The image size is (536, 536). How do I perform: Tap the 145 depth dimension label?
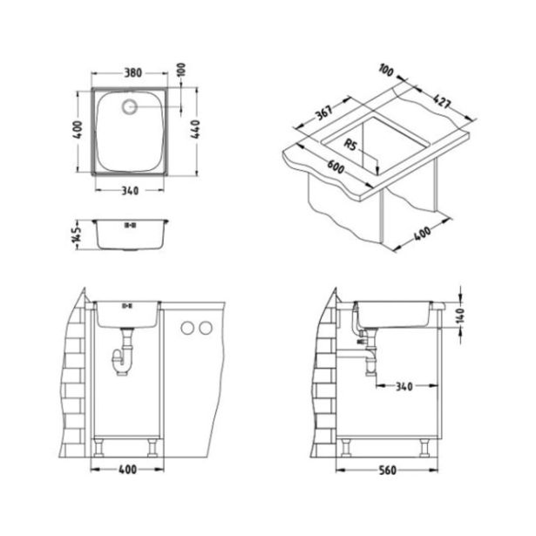click(78, 233)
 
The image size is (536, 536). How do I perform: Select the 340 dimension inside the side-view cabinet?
click(404, 384)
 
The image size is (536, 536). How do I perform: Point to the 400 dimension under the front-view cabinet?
click(128, 472)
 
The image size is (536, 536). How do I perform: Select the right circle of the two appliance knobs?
click(207, 329)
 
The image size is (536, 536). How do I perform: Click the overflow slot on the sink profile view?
click(131, 226)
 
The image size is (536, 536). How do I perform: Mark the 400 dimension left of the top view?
click(78, 133)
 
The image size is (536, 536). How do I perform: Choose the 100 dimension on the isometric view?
click(388, 69)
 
